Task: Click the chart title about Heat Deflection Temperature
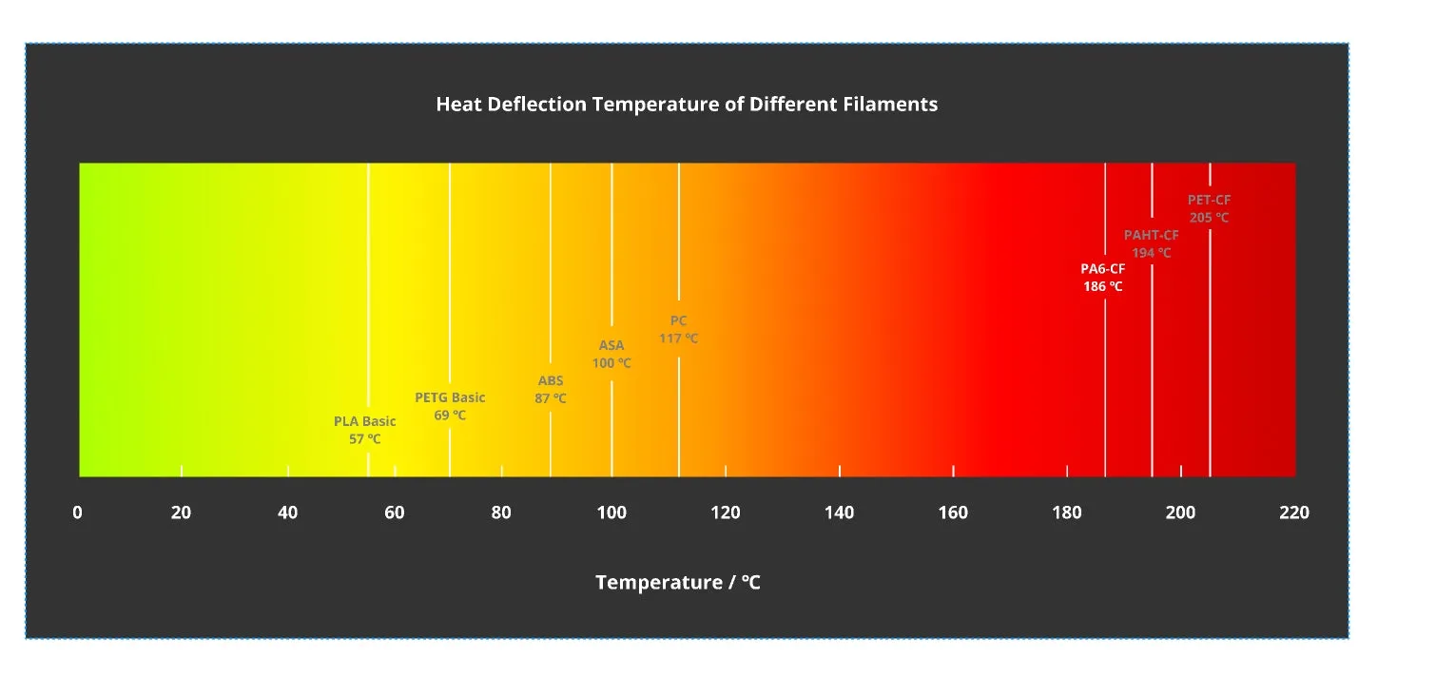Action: click(687, 104)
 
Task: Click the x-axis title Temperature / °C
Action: click(678, 582)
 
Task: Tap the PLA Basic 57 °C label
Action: click(364, 430)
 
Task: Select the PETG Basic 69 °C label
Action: click(450, 406)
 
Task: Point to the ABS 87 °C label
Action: click(551, 390)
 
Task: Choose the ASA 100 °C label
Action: click(611, 354)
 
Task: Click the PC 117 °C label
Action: click(678, 329)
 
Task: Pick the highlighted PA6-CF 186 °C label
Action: click(1102, 277)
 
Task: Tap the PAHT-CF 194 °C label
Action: click(1151, 243)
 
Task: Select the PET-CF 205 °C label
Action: click(1209, 208)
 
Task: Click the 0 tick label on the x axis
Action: click(77, 513)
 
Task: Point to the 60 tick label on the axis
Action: click(395, 513)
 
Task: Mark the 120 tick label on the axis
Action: click(726, 513)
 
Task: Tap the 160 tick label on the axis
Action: click(953, 513)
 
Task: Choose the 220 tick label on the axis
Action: click(1294, 513)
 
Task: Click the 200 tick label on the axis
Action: click(1180, 513)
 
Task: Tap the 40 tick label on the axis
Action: click(287, 513)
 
